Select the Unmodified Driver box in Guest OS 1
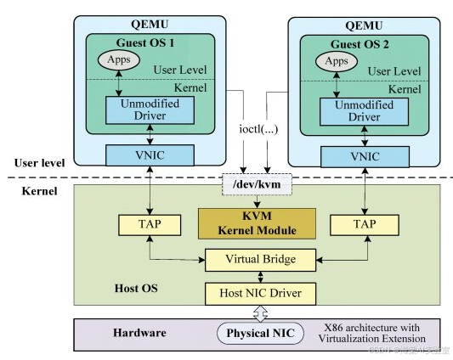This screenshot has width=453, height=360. [149, 108]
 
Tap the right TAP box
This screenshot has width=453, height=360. [364, 224]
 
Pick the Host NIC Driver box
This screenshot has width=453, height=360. [256, 293]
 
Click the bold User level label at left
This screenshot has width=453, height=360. [38, 162]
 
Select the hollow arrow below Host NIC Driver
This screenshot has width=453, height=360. [256, 312]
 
